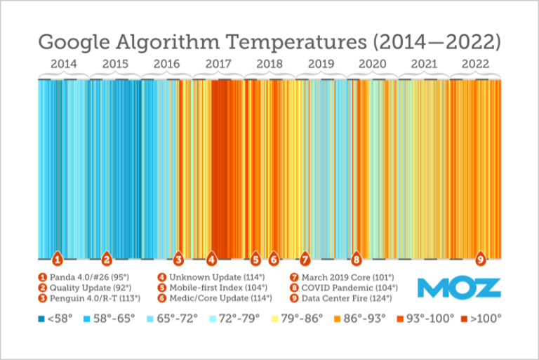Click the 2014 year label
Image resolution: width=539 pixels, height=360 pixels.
pyautogui.click(x=64, y=64)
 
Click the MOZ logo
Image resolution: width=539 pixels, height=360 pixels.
pyautogui.click(x=459, y=288)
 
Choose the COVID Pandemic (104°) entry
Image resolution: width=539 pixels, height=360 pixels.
pyautogui.click(x=343, y=288)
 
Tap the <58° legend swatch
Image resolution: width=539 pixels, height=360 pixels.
pyautogui.click(x=41, y=319)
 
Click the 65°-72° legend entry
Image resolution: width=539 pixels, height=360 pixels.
pyautogui.click(x=169, y=319)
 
